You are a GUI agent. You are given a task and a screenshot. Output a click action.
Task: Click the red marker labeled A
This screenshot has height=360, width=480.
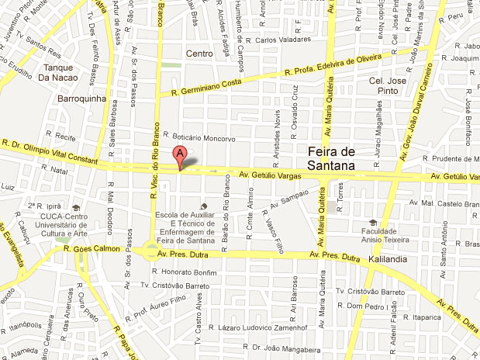click(x=180, y=155)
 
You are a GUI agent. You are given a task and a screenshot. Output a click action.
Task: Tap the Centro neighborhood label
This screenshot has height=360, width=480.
click(x=199, y=53)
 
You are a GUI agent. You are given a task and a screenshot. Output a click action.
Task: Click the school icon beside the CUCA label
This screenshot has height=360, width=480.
click(x=76, y=208)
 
